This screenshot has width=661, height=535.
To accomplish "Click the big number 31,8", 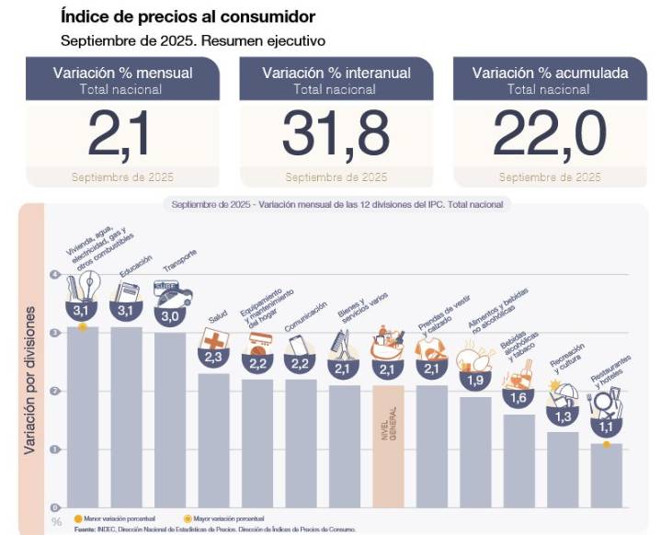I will pos(336,134).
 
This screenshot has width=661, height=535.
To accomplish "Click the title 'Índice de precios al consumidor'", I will pos(188,17).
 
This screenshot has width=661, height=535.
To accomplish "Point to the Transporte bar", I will pos(170,418).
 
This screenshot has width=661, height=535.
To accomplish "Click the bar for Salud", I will pos(214,439).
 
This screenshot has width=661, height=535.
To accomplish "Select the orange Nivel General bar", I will pos(388,445).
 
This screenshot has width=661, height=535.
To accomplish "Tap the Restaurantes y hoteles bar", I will pos(606,474).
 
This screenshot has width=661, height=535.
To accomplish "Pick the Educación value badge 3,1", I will pos(126,313).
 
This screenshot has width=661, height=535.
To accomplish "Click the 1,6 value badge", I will pos(519,399).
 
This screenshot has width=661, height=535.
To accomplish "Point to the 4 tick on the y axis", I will pos(56,275).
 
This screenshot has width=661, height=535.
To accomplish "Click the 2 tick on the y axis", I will pos(56,392).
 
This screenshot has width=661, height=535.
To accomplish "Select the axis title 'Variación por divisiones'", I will pos(30,379).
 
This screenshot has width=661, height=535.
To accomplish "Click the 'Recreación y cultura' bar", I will pos(563,469).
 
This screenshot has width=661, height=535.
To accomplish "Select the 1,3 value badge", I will pos(563,416).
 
